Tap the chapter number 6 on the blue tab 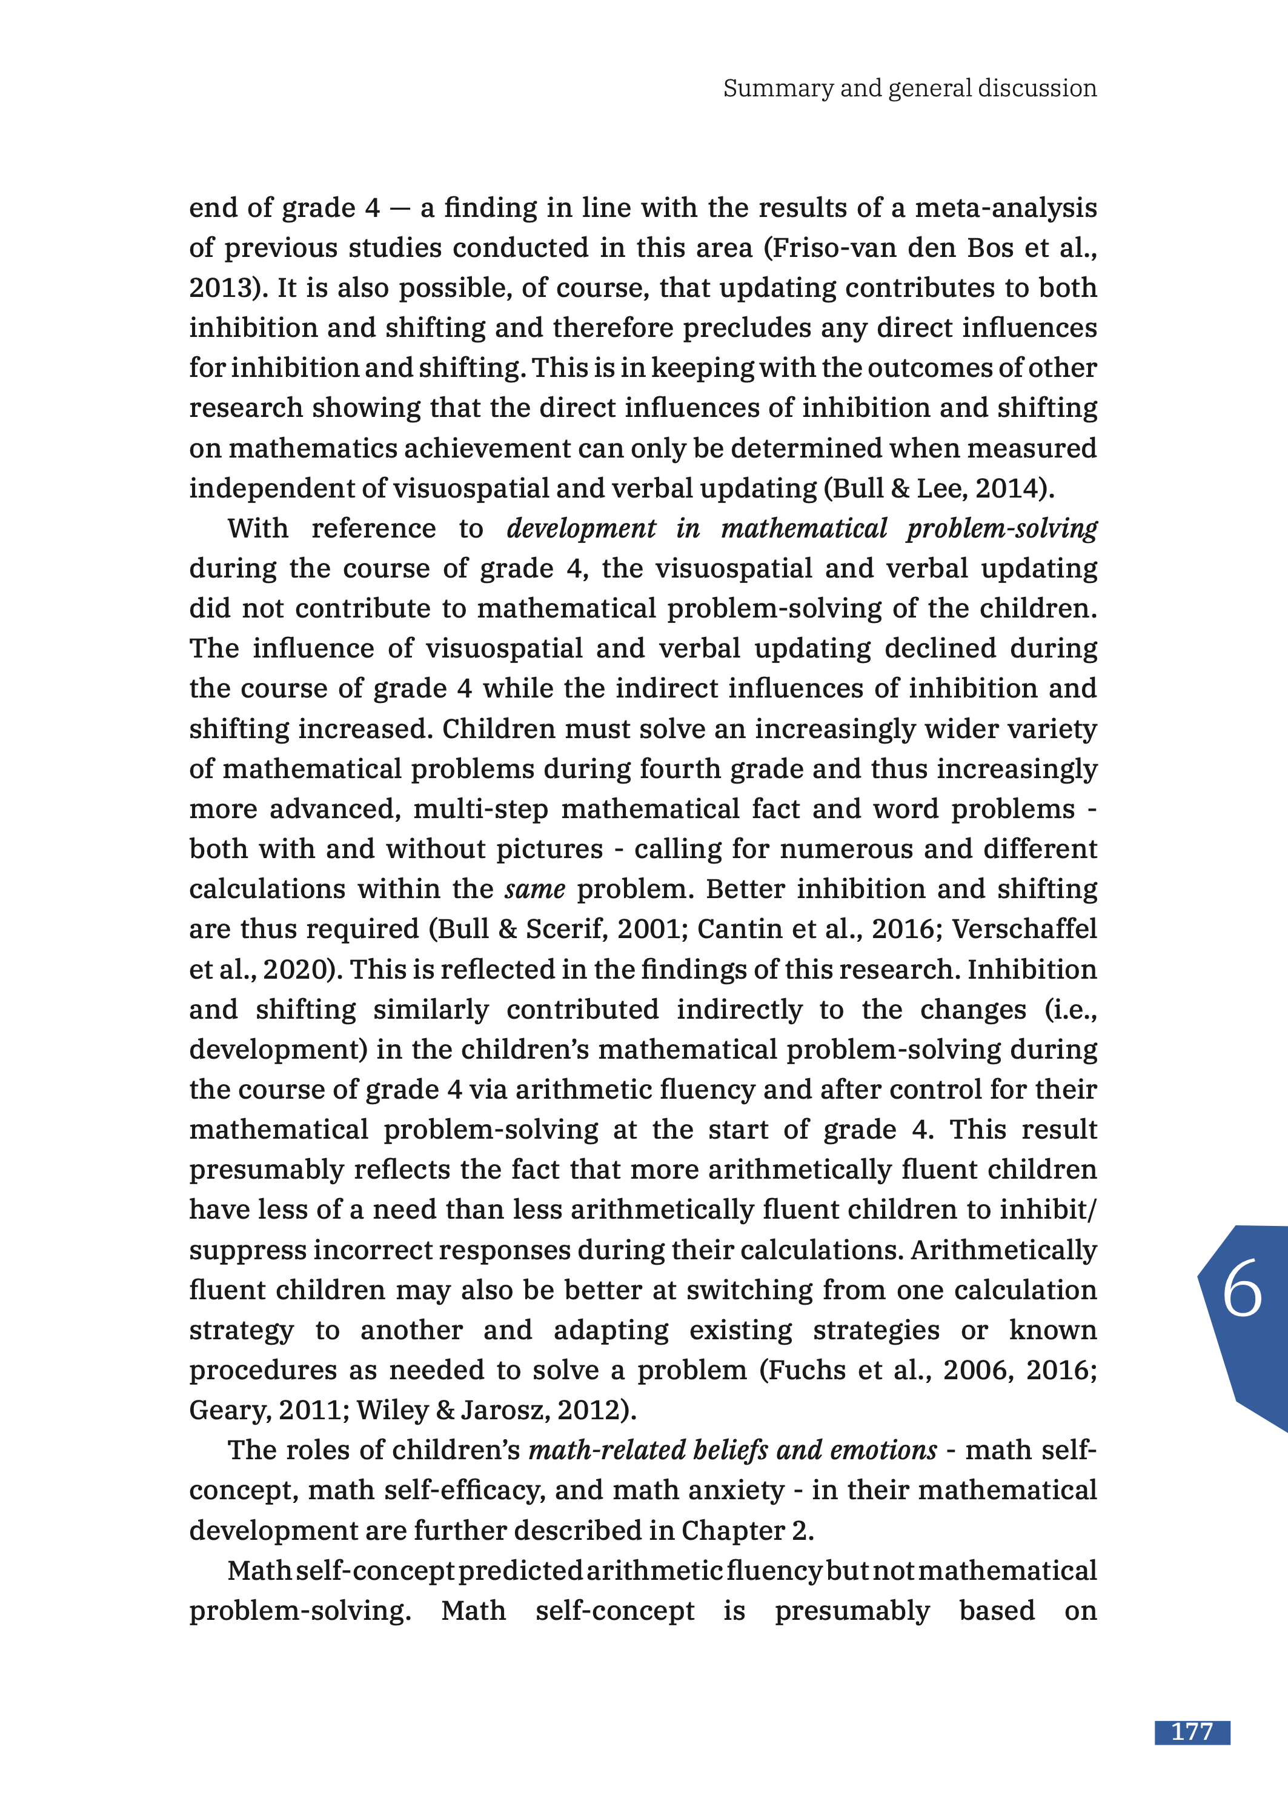(1242, 1289)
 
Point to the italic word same (534, 889)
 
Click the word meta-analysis (1006, 208)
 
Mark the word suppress (247, 1250)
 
